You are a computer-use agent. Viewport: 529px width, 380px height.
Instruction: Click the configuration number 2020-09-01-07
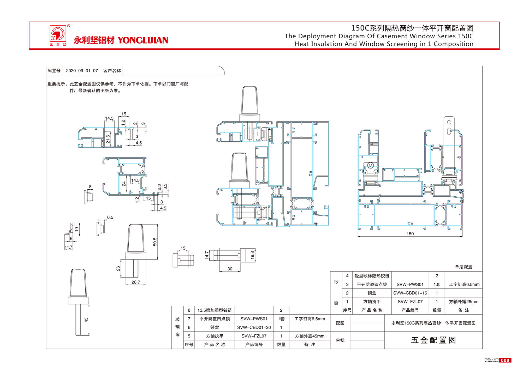pyautogui.click(x=82, y=71)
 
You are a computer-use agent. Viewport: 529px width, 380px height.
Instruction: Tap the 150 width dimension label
pyautogui.click(x=410, y=234)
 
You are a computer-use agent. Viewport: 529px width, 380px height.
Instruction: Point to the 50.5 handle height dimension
pyautogui.click(x=155, y=242)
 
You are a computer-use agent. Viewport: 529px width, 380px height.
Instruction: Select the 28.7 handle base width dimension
pyautogui.click(x=136, y=282)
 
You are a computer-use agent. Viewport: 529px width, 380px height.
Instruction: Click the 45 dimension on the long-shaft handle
pyautogui.click(x=86, y=320)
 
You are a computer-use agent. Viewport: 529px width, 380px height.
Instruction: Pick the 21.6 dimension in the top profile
pyautogui.click(x=108, y=139)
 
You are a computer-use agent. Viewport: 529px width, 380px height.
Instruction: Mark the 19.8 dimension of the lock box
pyautogui.click(x=252, y=255)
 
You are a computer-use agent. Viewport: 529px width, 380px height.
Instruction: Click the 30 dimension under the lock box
pyautogui.click(x=230, y=269)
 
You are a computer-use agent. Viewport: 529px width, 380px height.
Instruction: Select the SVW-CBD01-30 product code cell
pyautogui.click(x=254, y=327)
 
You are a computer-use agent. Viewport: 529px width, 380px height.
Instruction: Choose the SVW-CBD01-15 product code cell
pyautogui.click(x=410, y=293)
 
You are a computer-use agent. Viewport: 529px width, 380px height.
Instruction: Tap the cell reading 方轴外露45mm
pyautogui.click(x=310, y=336)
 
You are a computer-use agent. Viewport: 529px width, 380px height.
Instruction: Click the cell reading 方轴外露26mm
pyautogui.click(x=463, y=301)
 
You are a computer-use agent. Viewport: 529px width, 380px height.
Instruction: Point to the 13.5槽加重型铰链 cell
pyautogui.click(x=215, y=310)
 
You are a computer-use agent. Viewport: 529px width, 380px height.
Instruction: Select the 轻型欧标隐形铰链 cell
pyautogui.click(x=372, y=276)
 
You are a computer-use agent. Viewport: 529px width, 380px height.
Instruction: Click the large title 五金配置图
pyautogui.click(x=433, y=340)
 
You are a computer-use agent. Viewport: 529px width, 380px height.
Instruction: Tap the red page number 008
pyautogui.click(x=505, y=360)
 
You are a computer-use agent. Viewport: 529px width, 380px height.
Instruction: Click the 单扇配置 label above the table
pyautogui.click(x=463, y=267)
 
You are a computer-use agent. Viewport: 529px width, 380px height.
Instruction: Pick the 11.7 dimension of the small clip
pyautogui.click(x=68, y=247)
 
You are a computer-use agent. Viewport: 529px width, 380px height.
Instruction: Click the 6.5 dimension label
pyautogui.click(x=110, y=217)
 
